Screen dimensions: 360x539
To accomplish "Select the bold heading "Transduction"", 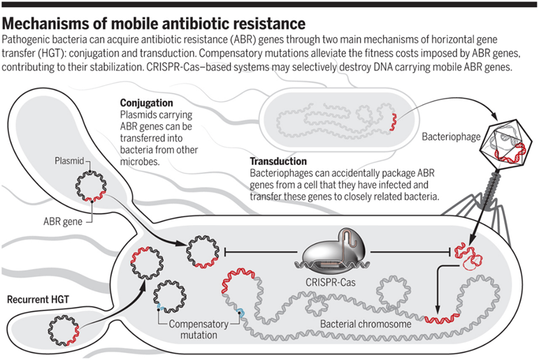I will point(278,161).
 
